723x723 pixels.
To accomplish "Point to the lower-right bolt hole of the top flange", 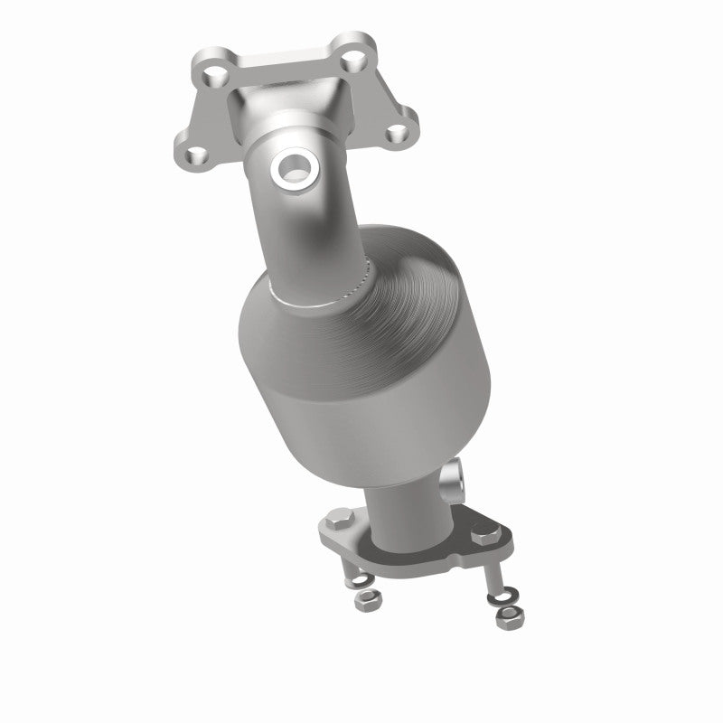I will click(x=395, y=133).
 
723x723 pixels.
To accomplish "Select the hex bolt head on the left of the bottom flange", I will click(x=339, y=522).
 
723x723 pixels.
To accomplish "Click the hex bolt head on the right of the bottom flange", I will click(x=480, y=536).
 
